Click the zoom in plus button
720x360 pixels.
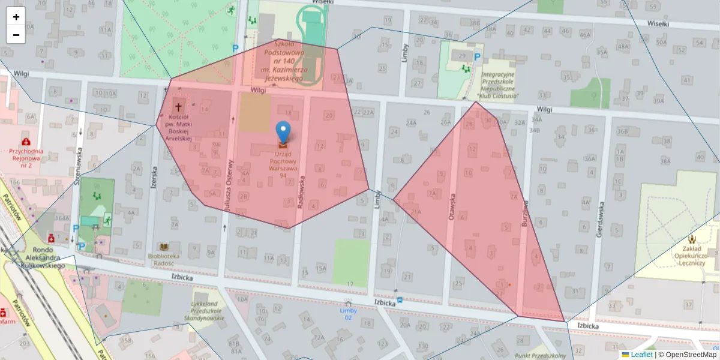[16, 17]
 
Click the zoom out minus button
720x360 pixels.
[16, 35]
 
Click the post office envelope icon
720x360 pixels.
[283, 144]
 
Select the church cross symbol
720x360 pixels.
[178, 104]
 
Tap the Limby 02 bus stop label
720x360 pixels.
[349, 314]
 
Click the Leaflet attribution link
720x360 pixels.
[641, 355]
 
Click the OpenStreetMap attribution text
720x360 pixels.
[690, 355]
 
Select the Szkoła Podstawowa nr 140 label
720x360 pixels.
[285, 61]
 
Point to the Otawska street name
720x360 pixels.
[452, 206]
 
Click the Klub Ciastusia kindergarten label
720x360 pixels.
[498, 85]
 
